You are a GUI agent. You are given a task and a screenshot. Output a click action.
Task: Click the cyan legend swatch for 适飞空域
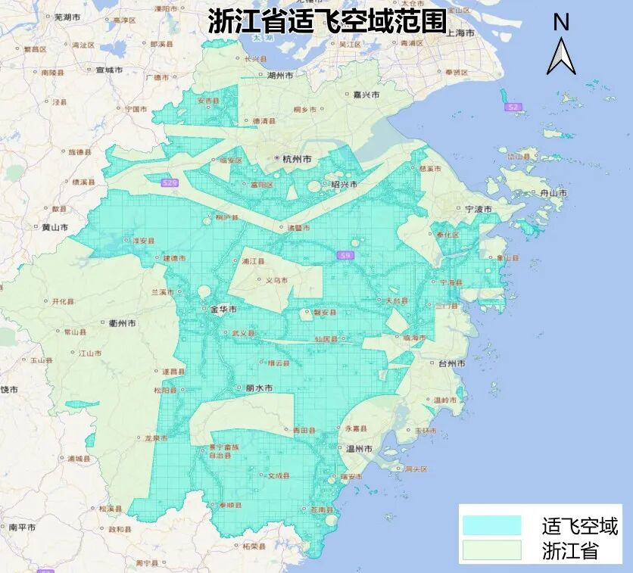491,525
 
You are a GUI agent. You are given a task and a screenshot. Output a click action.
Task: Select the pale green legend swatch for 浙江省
491,550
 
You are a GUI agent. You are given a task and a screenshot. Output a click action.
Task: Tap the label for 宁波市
478,209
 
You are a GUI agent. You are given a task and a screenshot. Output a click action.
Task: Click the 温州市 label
359,449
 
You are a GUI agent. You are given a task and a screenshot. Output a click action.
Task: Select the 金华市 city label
223,310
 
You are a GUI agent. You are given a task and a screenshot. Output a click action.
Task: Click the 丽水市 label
259,388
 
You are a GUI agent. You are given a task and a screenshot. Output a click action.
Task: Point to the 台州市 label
453,363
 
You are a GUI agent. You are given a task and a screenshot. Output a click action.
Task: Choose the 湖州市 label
280,76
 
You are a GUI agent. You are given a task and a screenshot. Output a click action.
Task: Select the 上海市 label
460,34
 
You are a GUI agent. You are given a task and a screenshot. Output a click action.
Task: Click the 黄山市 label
55,227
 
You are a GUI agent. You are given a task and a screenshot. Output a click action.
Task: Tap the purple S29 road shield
170,183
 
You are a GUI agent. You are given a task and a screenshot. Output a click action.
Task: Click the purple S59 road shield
345,257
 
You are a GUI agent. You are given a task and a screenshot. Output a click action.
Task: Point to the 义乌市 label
277,280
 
